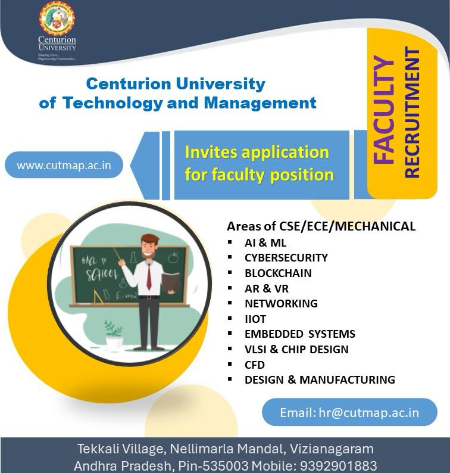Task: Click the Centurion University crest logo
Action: [x=57, y=20]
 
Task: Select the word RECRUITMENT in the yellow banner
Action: [x=412, y=113]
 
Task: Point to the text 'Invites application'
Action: [x=257, y=152]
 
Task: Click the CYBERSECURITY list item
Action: [x=286, y=258]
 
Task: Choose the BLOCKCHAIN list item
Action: [x=278, y=273]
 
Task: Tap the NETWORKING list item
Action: [x=281, y=303]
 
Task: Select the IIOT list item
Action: [x=255, y=319]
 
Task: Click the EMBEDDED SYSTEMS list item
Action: [x=299, y=334]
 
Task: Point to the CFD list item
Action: [x=254, y=364]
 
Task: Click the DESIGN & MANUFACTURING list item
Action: [x=320, y=379]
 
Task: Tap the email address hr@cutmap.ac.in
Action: [x=349, y=412]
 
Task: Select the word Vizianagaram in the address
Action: [x=337, y=448]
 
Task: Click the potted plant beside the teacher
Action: [x=113, y=334]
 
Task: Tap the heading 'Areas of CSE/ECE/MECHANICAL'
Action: [x=321, y=226]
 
